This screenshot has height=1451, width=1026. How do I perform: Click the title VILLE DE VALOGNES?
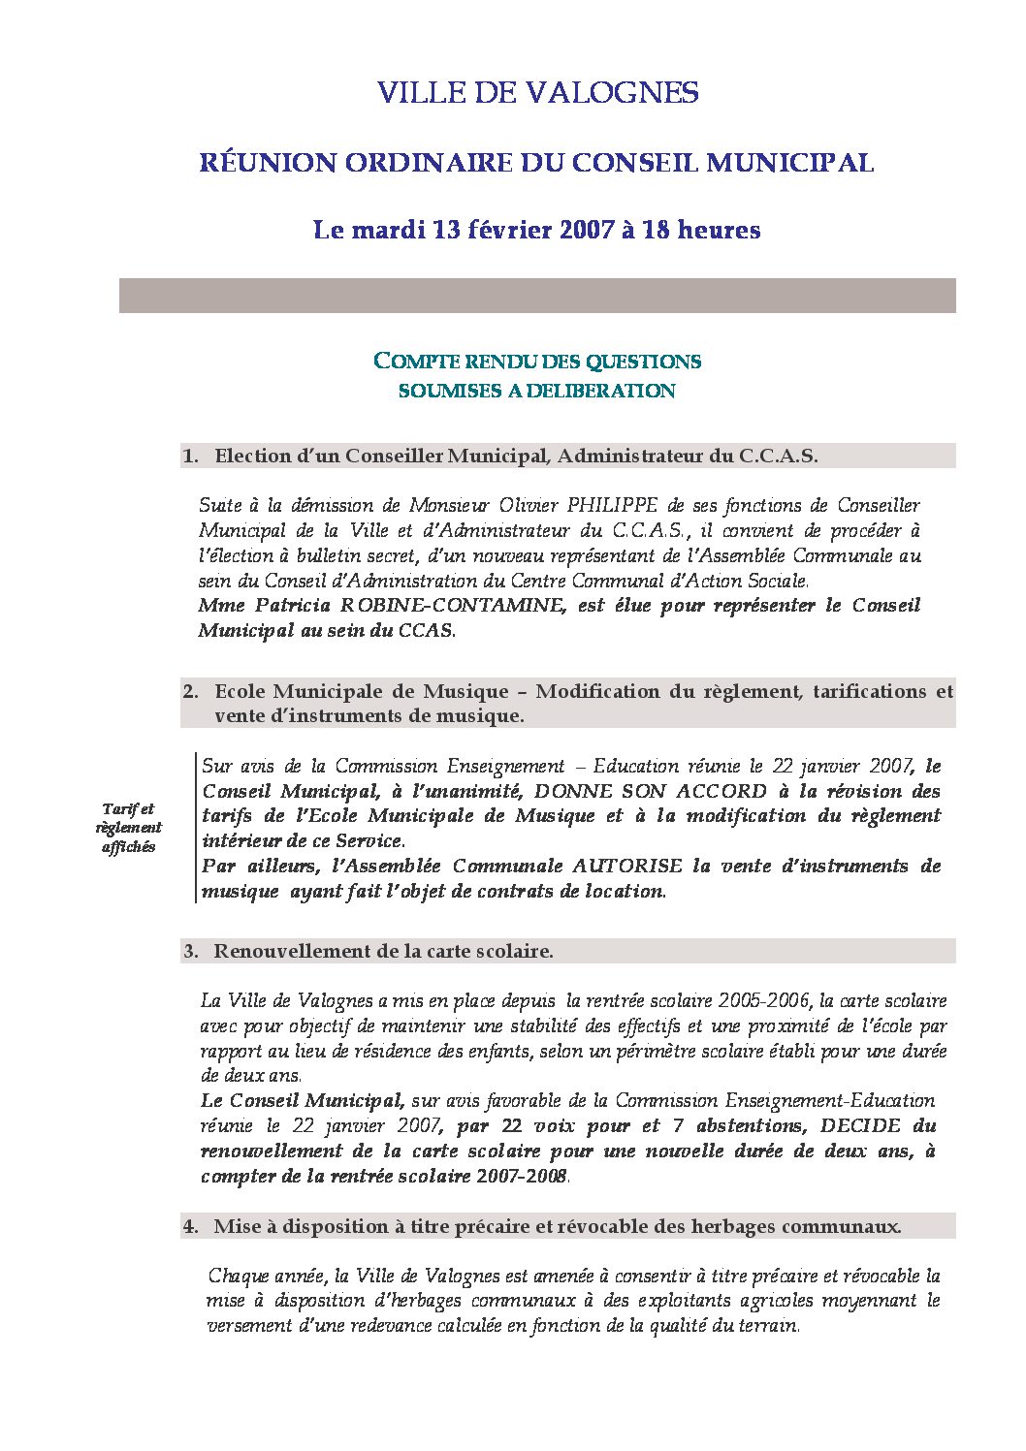[x=537, y=93]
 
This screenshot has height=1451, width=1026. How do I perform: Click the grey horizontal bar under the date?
[x=537, y=296]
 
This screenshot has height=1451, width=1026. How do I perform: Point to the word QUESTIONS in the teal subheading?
[x=649, y=362]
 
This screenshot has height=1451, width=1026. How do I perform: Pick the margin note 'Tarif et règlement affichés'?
[x=128, y=828]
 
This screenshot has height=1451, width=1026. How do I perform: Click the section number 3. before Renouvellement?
[x=191, y=952]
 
